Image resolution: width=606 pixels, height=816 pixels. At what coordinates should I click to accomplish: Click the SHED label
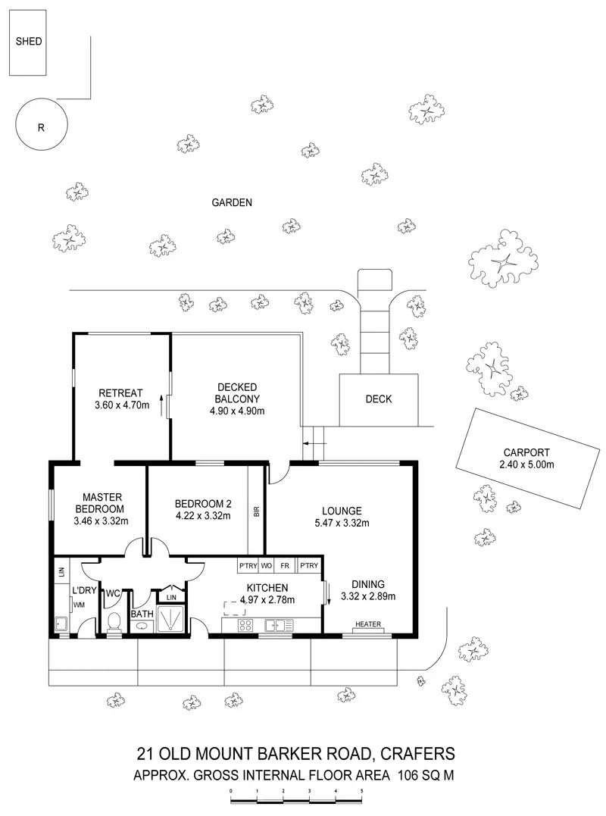point(29,42)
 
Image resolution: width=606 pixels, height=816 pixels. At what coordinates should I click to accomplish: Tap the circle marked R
point(41,127)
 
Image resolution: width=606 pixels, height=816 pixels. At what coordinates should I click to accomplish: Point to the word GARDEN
point(232,202)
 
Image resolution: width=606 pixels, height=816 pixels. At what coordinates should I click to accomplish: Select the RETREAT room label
point(120,392)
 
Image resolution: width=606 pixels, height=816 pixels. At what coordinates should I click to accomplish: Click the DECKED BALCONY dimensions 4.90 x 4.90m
point(237,411)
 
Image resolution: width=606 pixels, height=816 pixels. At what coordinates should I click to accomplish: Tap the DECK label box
point(378,399)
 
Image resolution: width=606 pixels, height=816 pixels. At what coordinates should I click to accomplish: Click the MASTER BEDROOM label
point(98,502)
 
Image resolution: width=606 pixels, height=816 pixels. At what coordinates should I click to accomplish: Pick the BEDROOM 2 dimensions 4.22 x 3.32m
point(202,516)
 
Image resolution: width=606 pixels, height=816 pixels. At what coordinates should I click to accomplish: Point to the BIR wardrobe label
point(257,511)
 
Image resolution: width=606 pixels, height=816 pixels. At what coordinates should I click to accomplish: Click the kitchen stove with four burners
point(246,626)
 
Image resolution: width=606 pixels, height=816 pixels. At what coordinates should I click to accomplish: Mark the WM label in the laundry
point(78,605)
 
